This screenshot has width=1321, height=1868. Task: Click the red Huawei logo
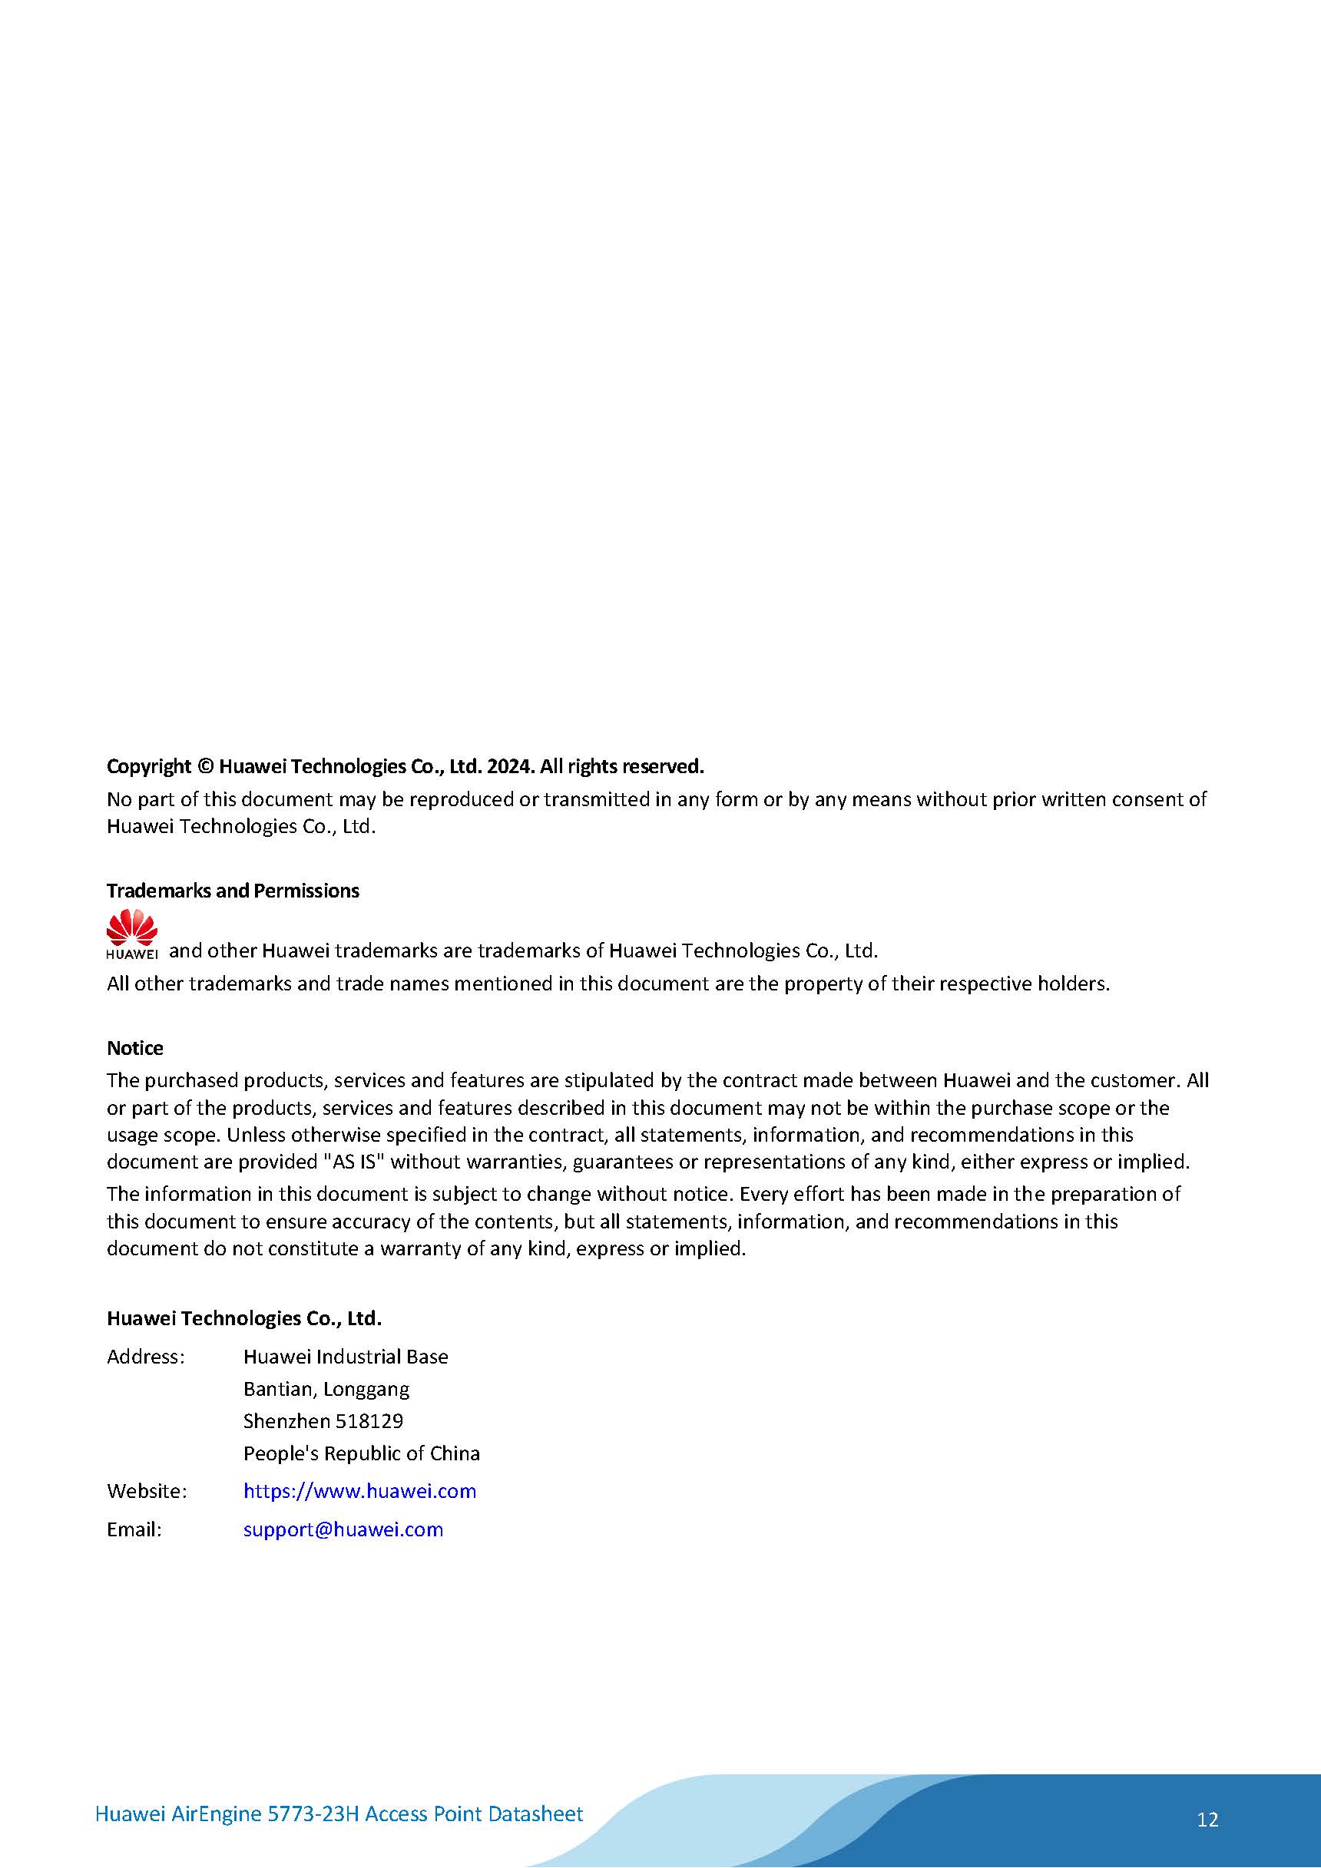tap(132, 934)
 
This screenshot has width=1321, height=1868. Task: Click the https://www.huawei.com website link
tap(359, 1490)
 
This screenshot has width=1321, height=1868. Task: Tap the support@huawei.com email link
tap(343, 1529)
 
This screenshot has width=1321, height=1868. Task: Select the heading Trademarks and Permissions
tap(233, 891)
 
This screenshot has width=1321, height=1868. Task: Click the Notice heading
tap(135, 1048)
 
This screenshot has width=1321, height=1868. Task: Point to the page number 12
tap(1207, 1819)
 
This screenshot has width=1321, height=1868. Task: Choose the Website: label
tap(147, 1490)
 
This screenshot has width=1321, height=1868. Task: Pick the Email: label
tap(134, 1529)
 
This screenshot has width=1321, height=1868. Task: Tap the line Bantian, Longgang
tap(326, 1389)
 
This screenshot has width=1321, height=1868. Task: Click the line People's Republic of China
tap(362, 1453)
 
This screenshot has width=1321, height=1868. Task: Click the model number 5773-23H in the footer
tap(313, 1813)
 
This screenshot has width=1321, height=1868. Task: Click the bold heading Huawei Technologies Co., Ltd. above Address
tap(244, 1318)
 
